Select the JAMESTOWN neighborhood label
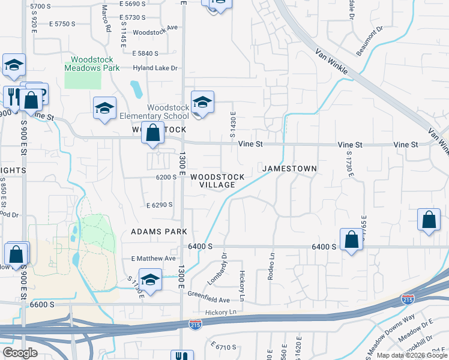coord(289,169)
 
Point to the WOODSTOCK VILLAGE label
coord(217,181)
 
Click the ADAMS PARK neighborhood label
coord(159,232)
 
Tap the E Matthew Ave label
coord(153,259)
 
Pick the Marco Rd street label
coord(106,18)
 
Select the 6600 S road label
coord(41,304)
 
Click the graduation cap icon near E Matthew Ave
coord(150,280)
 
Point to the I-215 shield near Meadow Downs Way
coord(408,299)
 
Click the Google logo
coord(20,353)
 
